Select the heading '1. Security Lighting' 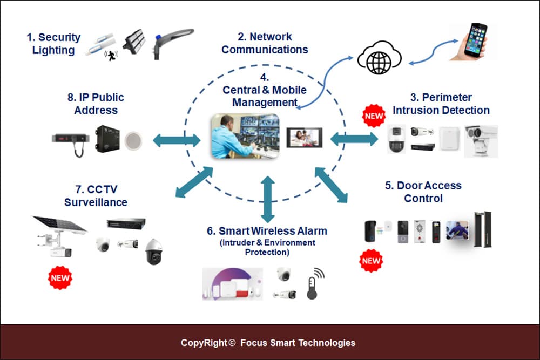coord(53,44)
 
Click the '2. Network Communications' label coord(265,43)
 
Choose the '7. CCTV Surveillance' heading coord(96,196)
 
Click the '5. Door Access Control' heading coord(423,192)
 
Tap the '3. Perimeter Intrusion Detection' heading coord(441,104)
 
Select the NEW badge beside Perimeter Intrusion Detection coord(373,116)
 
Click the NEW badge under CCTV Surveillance coord(59,279)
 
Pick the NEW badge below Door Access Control coord(371,261)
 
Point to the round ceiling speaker coord(132,140)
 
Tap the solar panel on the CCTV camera coord(59,225)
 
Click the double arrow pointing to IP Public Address coord(177,141)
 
